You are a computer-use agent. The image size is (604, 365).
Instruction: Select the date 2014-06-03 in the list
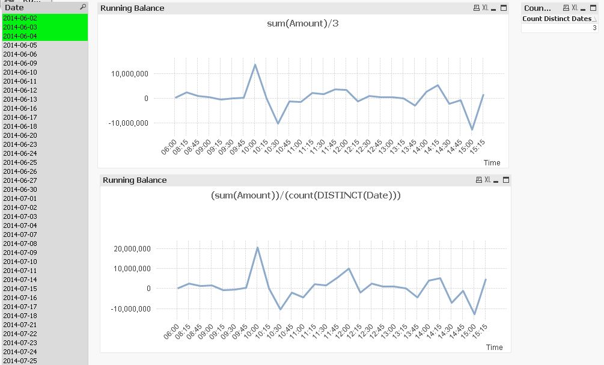[x=20, y=27]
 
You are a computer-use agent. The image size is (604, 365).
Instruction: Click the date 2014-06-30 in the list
[x=20, y=189]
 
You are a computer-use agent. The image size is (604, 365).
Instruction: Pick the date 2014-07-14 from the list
[x=20, y=280]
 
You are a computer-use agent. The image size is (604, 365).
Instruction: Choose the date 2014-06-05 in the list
[x=20, y=45]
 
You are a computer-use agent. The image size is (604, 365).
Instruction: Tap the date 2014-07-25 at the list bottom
[x=20, y=361]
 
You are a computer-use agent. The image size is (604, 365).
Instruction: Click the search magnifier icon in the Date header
[x=83, y=7]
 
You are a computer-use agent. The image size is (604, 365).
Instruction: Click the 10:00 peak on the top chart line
[x=255, y=65]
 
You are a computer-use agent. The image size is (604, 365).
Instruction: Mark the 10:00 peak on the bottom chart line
[x=257, y=248]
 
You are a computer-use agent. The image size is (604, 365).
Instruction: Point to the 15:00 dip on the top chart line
[x=472, y=129]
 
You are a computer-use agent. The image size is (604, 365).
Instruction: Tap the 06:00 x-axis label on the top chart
[x=171, y=146]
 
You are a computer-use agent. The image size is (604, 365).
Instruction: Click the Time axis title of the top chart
[x=492, y=162]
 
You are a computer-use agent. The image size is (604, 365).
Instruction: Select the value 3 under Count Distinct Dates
[x=594, y=28]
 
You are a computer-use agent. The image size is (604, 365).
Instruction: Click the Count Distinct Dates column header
[x=557, y=19]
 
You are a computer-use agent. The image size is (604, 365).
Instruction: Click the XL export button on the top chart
[x=485, y=8]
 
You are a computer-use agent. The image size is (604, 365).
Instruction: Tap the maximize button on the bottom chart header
[x=506, y=180]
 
